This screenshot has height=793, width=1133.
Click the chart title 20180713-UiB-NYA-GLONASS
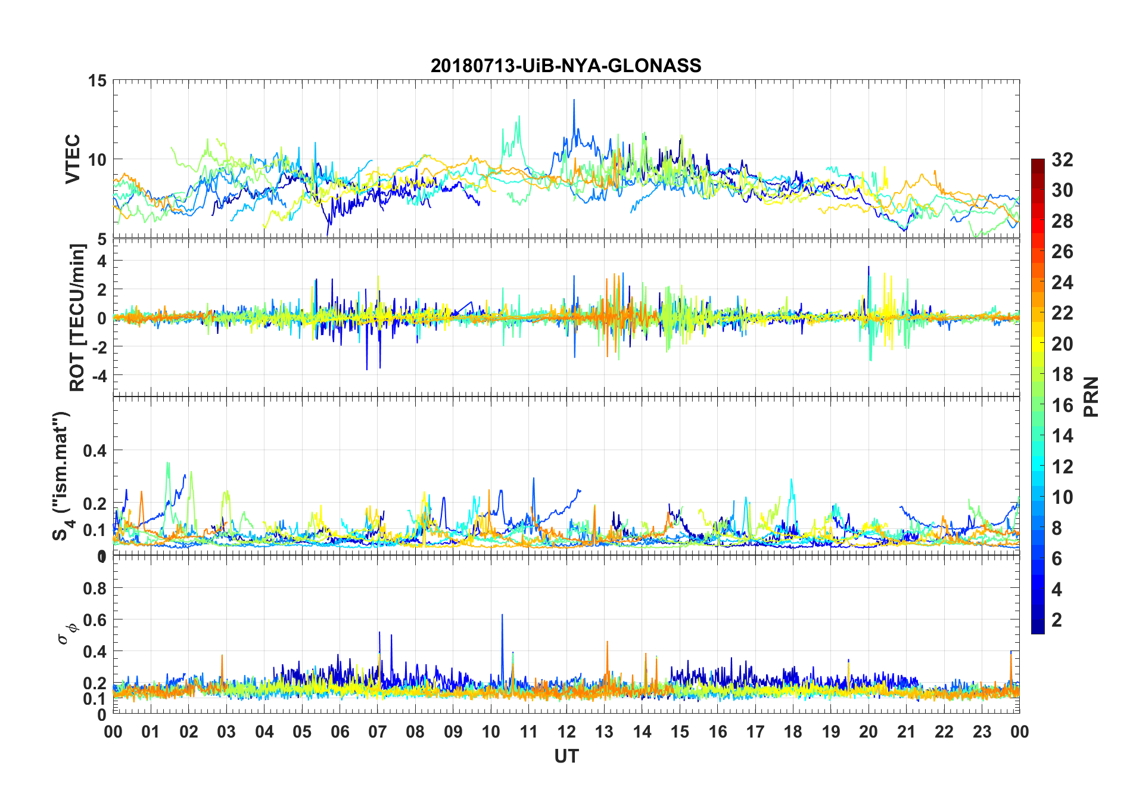[566, 65]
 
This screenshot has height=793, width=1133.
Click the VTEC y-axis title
[73, 159]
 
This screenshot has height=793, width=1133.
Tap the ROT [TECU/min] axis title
[77, 317]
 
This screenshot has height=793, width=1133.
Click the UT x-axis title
[566, 756]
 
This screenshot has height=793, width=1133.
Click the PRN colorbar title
[1091, 396]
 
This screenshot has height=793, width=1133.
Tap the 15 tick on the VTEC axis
[97, 80]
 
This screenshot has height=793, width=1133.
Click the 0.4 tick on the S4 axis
[95, 451]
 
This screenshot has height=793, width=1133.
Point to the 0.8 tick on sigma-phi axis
[95, 588]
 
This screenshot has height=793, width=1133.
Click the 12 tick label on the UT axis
[566, 732]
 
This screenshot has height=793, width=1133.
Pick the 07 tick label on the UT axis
[377, 732]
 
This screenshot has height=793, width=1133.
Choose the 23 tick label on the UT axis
[982, 732]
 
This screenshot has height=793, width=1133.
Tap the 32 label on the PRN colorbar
[1062, 160]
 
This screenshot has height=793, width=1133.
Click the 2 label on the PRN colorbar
[1057, 620]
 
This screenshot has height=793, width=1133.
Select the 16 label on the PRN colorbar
[1062, 405]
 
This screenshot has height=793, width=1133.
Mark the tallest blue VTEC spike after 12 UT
[574, 100]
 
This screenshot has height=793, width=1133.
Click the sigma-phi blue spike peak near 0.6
[502, 615]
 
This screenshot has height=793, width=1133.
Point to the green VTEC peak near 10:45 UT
[519, 117]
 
